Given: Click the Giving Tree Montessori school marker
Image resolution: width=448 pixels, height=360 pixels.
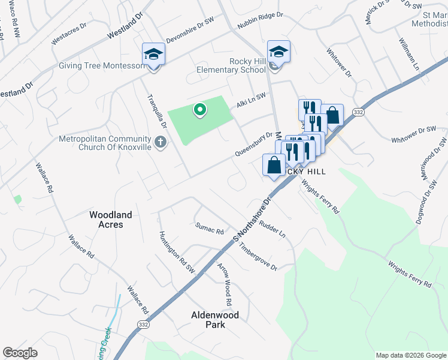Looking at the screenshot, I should click(153, 55).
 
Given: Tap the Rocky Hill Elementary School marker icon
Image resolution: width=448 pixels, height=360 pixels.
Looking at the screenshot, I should click(279, 52).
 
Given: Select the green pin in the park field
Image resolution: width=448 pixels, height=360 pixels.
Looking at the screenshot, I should click(200, 110).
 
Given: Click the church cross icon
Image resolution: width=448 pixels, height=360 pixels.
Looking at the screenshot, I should click(159, 142).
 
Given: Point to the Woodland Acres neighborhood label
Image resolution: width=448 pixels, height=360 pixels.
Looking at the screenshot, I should click(106, 219).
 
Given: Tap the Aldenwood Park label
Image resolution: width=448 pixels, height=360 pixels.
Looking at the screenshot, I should click(214, 319).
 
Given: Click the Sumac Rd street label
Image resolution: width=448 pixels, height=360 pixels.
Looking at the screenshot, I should click(209, 228).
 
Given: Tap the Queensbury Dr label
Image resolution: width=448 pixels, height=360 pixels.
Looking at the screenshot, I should click(253, 144).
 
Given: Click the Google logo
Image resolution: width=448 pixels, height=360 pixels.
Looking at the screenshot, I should click(20, 353).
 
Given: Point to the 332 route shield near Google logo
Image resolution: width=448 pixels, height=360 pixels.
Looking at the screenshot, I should click(143, 324).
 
